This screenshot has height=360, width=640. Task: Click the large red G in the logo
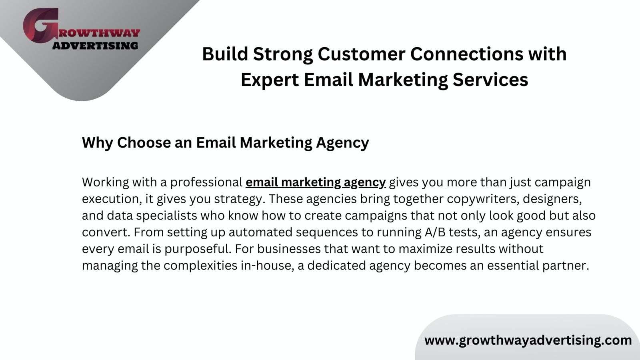40,25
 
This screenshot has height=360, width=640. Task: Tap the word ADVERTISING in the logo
96,46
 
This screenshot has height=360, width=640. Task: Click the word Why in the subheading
98,142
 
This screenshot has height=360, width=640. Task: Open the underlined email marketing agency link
316,182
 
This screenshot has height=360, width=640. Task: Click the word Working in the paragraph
106,182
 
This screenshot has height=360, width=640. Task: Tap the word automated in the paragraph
260,232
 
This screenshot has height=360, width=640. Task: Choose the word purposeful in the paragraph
198,249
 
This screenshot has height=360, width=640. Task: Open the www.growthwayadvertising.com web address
528,340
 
